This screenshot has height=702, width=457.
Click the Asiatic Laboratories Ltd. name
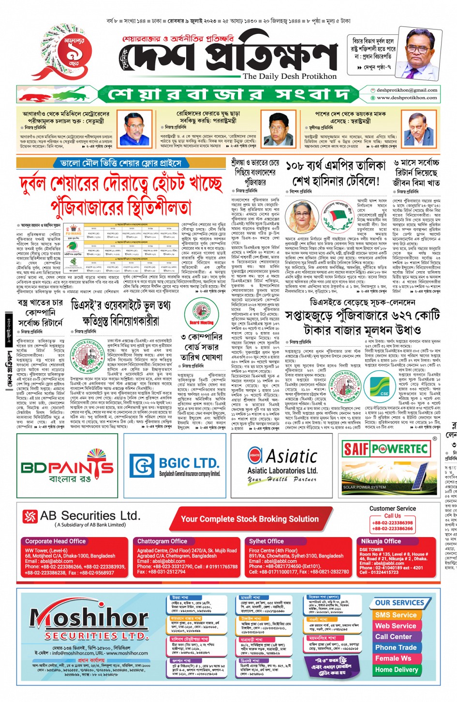click(282, 470)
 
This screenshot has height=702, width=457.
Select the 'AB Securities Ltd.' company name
click(89, 516)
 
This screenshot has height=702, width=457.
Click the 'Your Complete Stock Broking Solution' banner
click(250, 519)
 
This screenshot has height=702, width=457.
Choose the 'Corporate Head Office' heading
click(55, 541)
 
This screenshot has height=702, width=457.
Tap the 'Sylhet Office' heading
click(266, 541)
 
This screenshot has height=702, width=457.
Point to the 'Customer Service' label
click(392, 509)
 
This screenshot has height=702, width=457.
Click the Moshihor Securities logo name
click(89, 619)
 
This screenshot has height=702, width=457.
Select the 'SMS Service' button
click(396, 615)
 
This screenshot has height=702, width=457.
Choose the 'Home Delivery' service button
click(397, 670)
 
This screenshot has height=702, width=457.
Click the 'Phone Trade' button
click(396, 647)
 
